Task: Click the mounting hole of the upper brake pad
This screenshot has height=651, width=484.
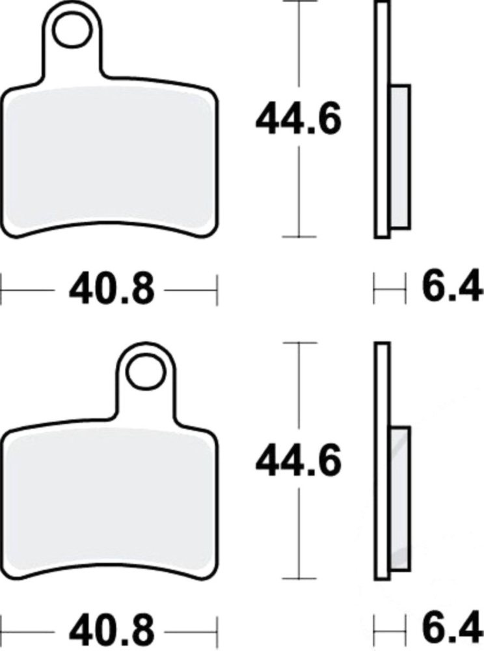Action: pyautogui.click(x=72, y=30)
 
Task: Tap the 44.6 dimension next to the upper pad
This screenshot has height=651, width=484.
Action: pyautogui.click(x=298, y=119)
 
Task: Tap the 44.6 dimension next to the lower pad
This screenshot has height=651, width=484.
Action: pyautogui.click(x=298, y=461)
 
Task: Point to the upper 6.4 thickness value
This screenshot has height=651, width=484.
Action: pyautogui.click(x=453, y=287)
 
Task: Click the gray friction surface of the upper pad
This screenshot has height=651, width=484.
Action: pyautogui.click(x=110, y=158)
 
